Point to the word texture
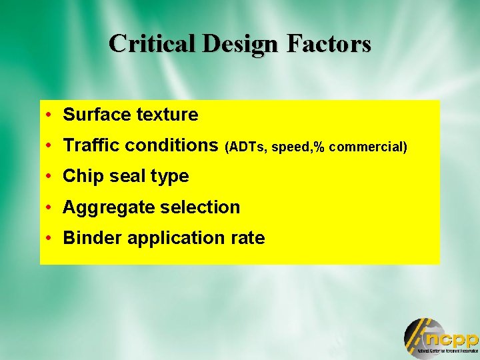tap(167, 115)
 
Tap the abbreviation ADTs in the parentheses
tap(247, 147)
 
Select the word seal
tap(119, 177)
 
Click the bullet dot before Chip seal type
tap(51, 177)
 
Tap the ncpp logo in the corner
tap(441, 337)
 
